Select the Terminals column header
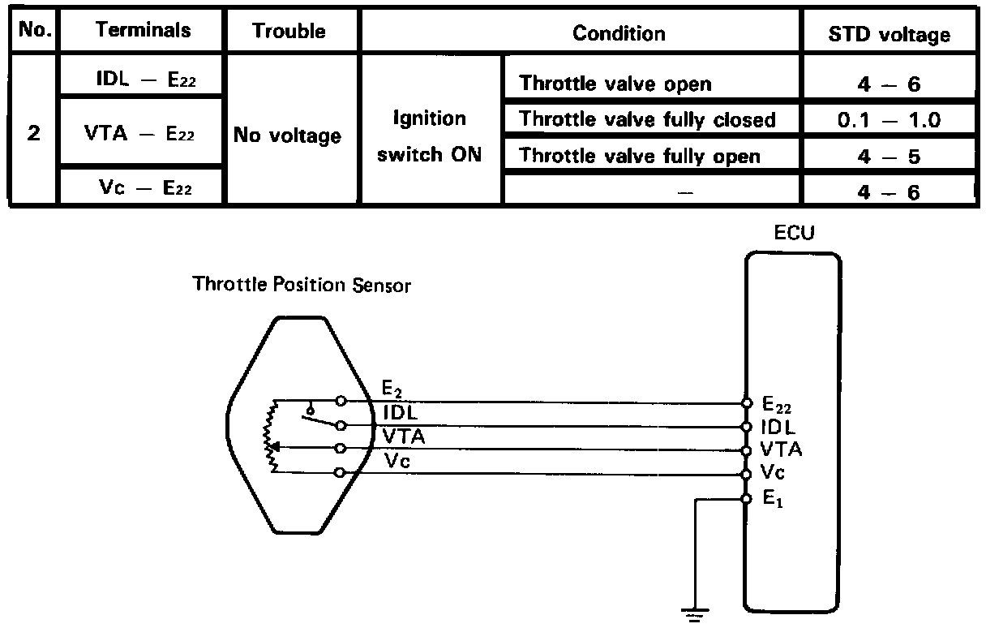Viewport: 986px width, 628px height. tap(143, 31)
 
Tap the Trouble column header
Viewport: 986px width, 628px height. tap(289, 31)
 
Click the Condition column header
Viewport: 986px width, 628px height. tap(618, 33)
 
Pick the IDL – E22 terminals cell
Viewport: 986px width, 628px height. tap(143, 78)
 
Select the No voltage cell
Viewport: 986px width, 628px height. tap(287, 135)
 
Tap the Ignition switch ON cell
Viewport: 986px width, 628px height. tap(430, 135)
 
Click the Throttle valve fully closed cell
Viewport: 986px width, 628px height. tap(647, 120)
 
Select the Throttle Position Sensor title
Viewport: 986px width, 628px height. tap(302, 285)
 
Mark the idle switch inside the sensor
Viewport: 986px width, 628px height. tap(319, 417)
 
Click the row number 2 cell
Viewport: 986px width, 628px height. tap(33, 134)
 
